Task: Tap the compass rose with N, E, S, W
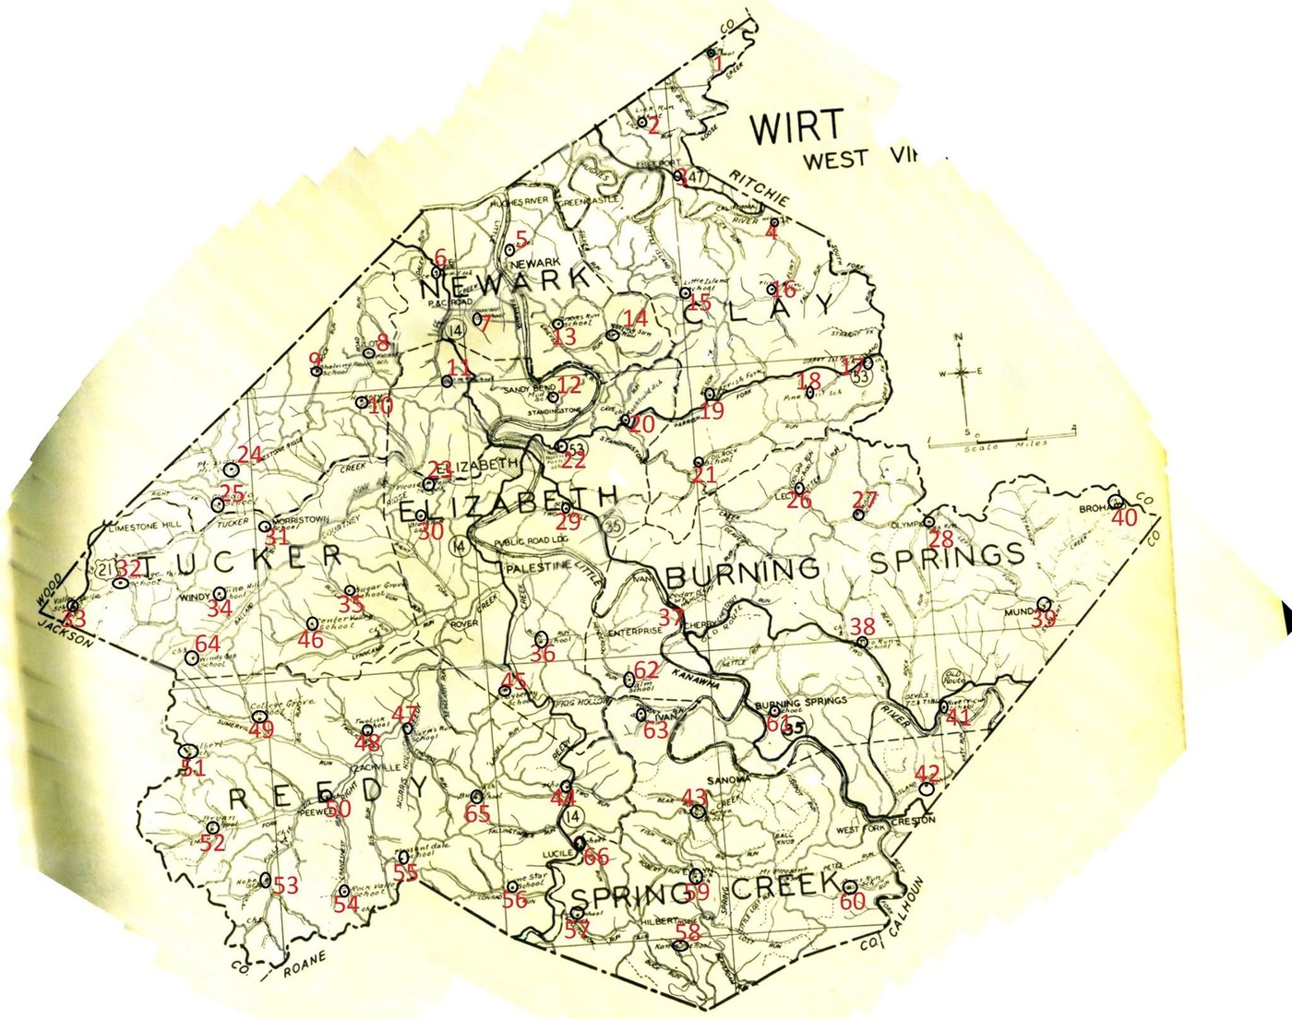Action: [962, 373]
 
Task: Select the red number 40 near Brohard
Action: [1124, 517]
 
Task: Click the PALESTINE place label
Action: [534, 570]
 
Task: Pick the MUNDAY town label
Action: [1024, 610]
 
